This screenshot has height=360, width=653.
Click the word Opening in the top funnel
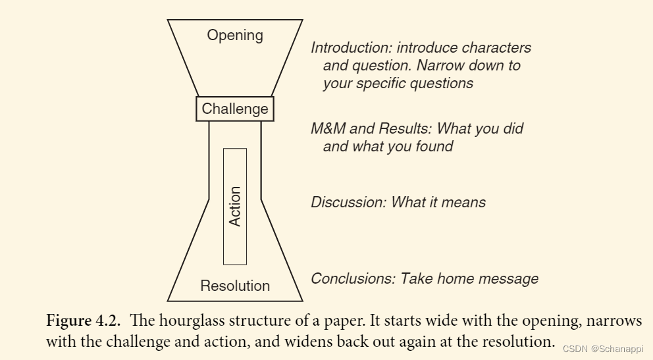235,36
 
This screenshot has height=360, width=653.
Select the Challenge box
235,109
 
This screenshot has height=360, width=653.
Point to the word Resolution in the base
235,286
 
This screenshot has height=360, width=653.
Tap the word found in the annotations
436,146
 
